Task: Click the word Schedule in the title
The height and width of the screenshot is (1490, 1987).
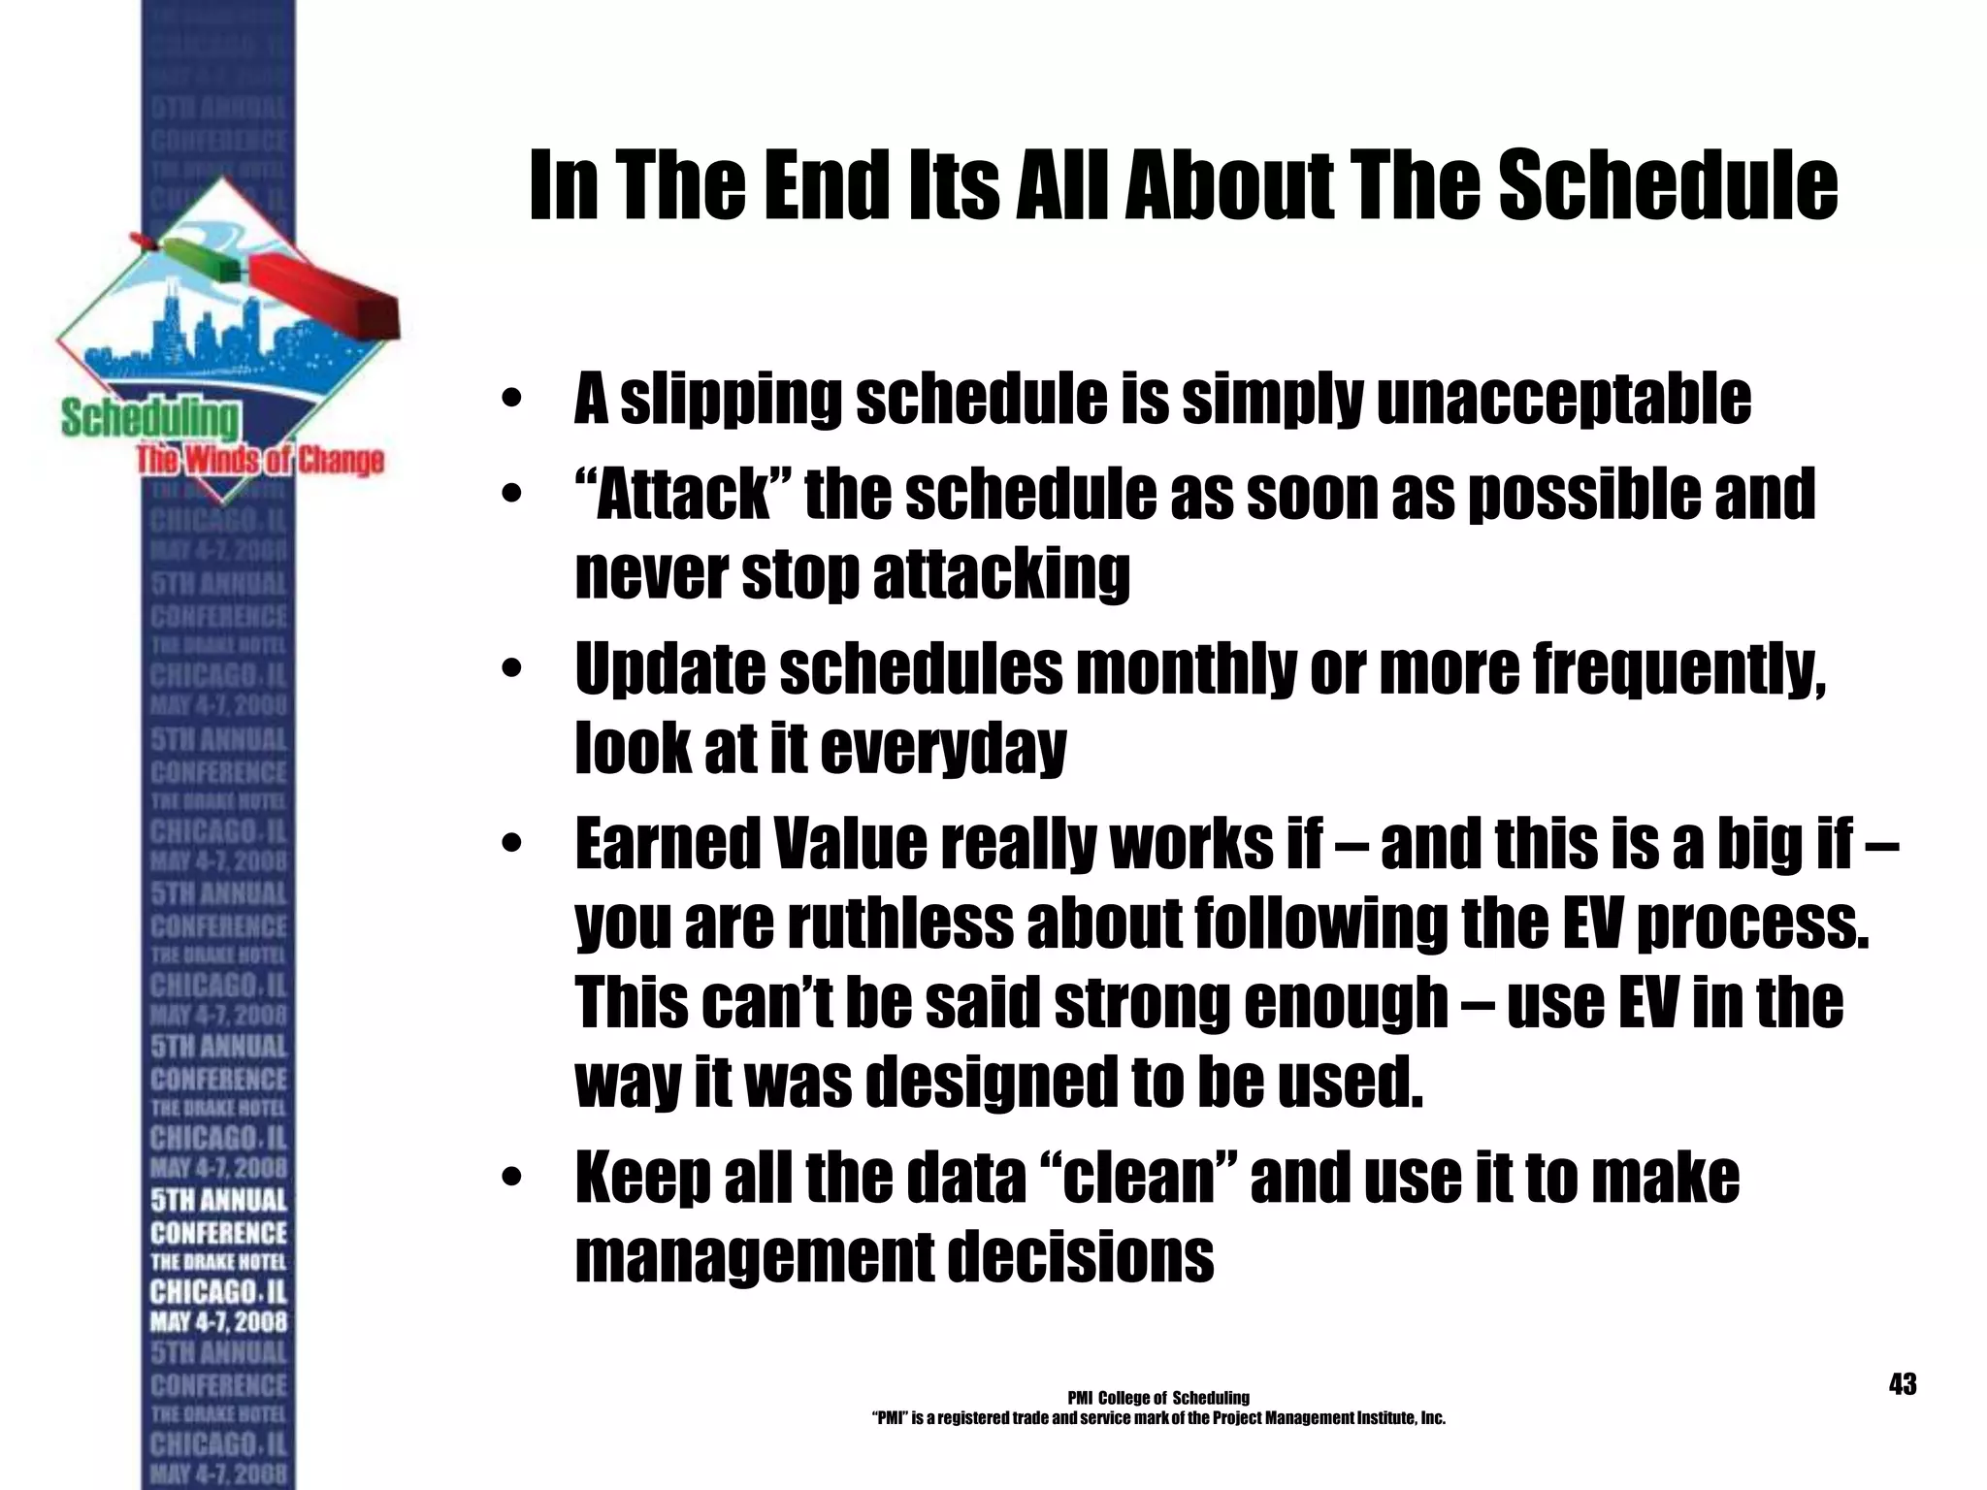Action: pyautogui.click(x=1668, y=185)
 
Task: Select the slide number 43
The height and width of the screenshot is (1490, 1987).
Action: pyautogui.click(x=1903, y=1384)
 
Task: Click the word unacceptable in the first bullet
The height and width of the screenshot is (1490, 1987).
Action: pyautogui.click(x=1564, y=399)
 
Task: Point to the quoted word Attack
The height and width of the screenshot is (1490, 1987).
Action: pyautogui.click(x=683, y=494)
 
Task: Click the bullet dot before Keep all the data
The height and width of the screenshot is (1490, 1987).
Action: pyautogui.click(x=512, y=1180)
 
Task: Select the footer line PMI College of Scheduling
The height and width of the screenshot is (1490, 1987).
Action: pyautogui.click(x=1158, y=1398)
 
